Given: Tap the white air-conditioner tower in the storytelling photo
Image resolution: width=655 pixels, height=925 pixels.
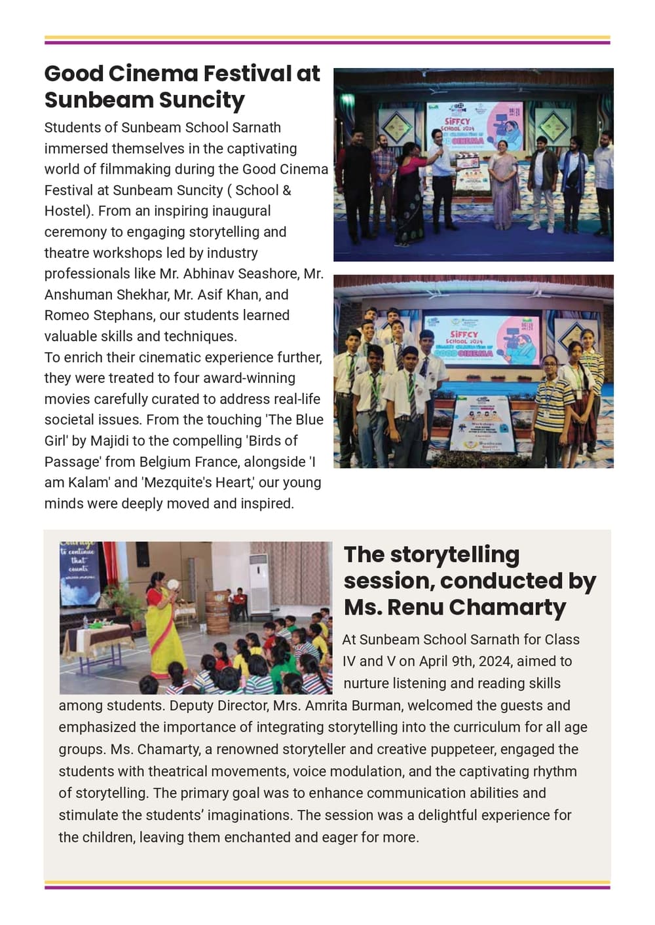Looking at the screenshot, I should (260, 582).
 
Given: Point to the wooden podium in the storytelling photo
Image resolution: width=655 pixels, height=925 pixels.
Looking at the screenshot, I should (217, 611).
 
